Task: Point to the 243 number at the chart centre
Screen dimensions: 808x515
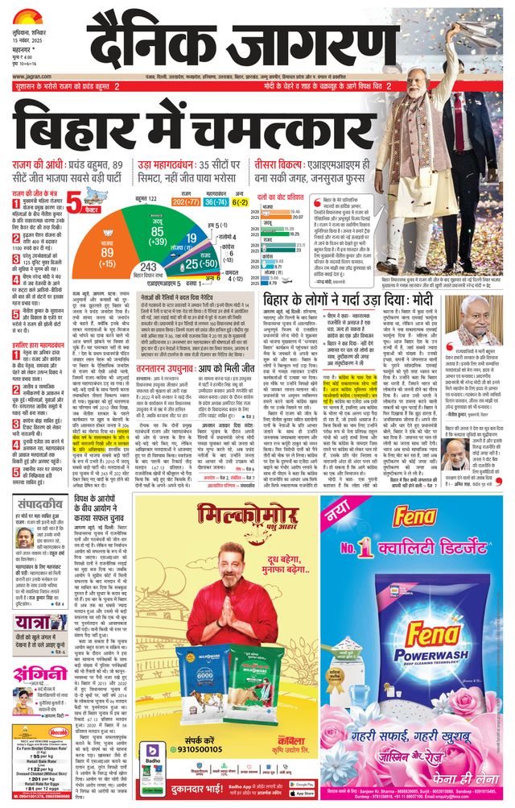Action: tap(148, 267)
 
